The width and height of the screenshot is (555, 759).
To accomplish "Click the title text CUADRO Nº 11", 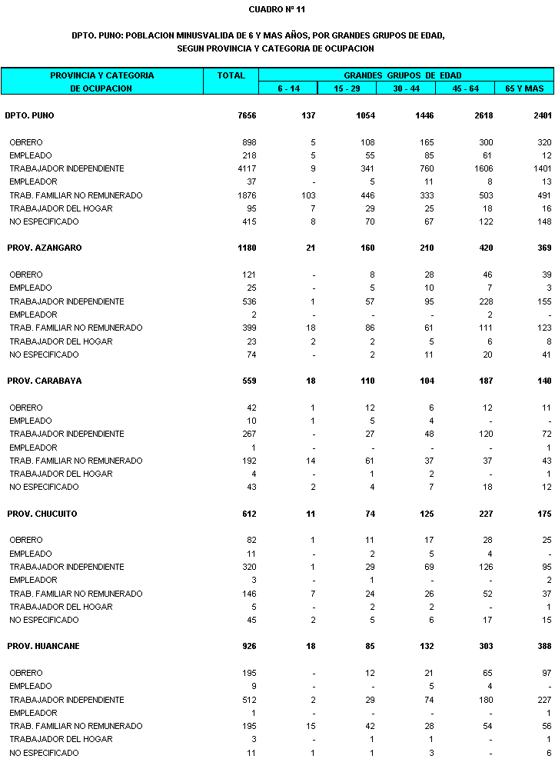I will tap(277, 9).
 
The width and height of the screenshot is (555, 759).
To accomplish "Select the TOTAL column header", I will tap(231, 75).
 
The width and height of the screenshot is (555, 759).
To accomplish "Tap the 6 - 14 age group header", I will tap(289, 88).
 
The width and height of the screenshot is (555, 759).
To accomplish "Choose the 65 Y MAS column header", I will tap(524, 88).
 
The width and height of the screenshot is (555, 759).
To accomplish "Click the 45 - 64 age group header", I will tap(465, 88).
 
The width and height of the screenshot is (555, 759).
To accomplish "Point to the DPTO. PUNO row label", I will tap(29, 115).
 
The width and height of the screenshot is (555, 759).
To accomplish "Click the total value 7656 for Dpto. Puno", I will tap(247, 115).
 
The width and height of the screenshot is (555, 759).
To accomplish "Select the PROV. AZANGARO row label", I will tap(44, 248).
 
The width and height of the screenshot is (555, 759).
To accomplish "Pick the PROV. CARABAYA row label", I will tap(44, 381).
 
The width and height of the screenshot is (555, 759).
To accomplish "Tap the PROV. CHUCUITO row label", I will tap(42, 513).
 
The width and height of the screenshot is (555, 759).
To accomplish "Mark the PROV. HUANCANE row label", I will tap(43, 646).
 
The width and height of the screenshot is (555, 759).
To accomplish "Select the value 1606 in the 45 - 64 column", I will tap(484, 168).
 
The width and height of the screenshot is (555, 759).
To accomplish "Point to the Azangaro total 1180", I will tap(247, 248).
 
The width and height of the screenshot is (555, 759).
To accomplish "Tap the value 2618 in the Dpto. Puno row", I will tap(484, 115).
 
